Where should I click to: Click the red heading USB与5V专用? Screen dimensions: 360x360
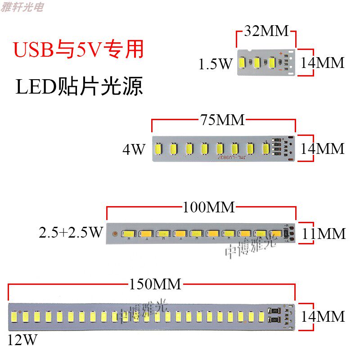(79, 49)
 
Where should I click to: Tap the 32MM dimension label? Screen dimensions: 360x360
(266, 31)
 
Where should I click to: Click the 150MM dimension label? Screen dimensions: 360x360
(155, 284)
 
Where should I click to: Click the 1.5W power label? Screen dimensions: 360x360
(215, 64)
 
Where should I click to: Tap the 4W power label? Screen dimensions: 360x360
(134, 149)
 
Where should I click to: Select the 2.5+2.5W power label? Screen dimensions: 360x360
(71, 233)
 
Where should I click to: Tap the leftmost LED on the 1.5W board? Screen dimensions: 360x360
(243, 63)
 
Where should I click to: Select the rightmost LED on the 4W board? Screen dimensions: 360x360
(265, 148)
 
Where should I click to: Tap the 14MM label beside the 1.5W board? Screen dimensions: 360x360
(322, 63)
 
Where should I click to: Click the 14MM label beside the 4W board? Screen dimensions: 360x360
(322, 148)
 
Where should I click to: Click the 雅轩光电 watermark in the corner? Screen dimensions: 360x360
(22, 7)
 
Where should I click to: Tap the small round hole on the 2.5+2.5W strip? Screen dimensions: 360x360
(116, 234)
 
